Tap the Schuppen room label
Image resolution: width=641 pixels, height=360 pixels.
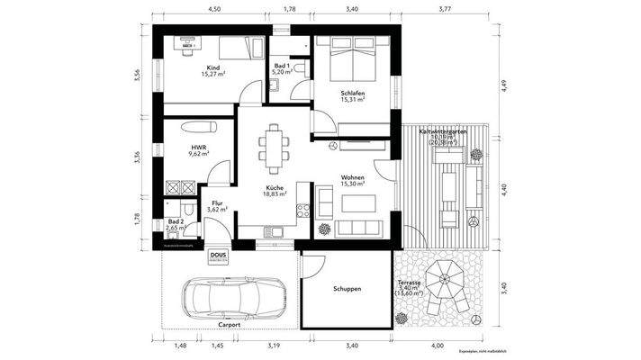tap(347, 289)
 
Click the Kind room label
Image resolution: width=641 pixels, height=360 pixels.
tap(213, 68)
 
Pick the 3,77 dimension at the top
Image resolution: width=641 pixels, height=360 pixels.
tap(445, 8)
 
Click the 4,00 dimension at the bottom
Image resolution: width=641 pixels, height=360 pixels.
tap(438, 346)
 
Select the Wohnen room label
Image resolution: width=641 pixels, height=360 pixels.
tap(352, 177)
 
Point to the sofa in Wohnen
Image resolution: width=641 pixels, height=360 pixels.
tap(355, 225)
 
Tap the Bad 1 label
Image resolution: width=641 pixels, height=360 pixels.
tap(282, 65)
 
